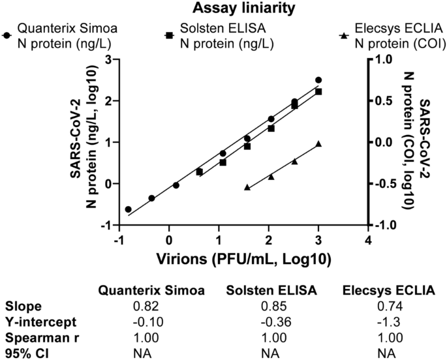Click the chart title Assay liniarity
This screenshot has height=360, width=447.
pos(224,8)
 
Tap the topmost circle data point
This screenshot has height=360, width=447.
pos(318,80)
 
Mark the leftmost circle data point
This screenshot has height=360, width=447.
pos(128,209)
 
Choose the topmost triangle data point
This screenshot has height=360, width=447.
pos(318,143)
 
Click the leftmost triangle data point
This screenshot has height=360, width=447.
pos(247,187)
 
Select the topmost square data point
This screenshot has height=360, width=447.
pos(318,91)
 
